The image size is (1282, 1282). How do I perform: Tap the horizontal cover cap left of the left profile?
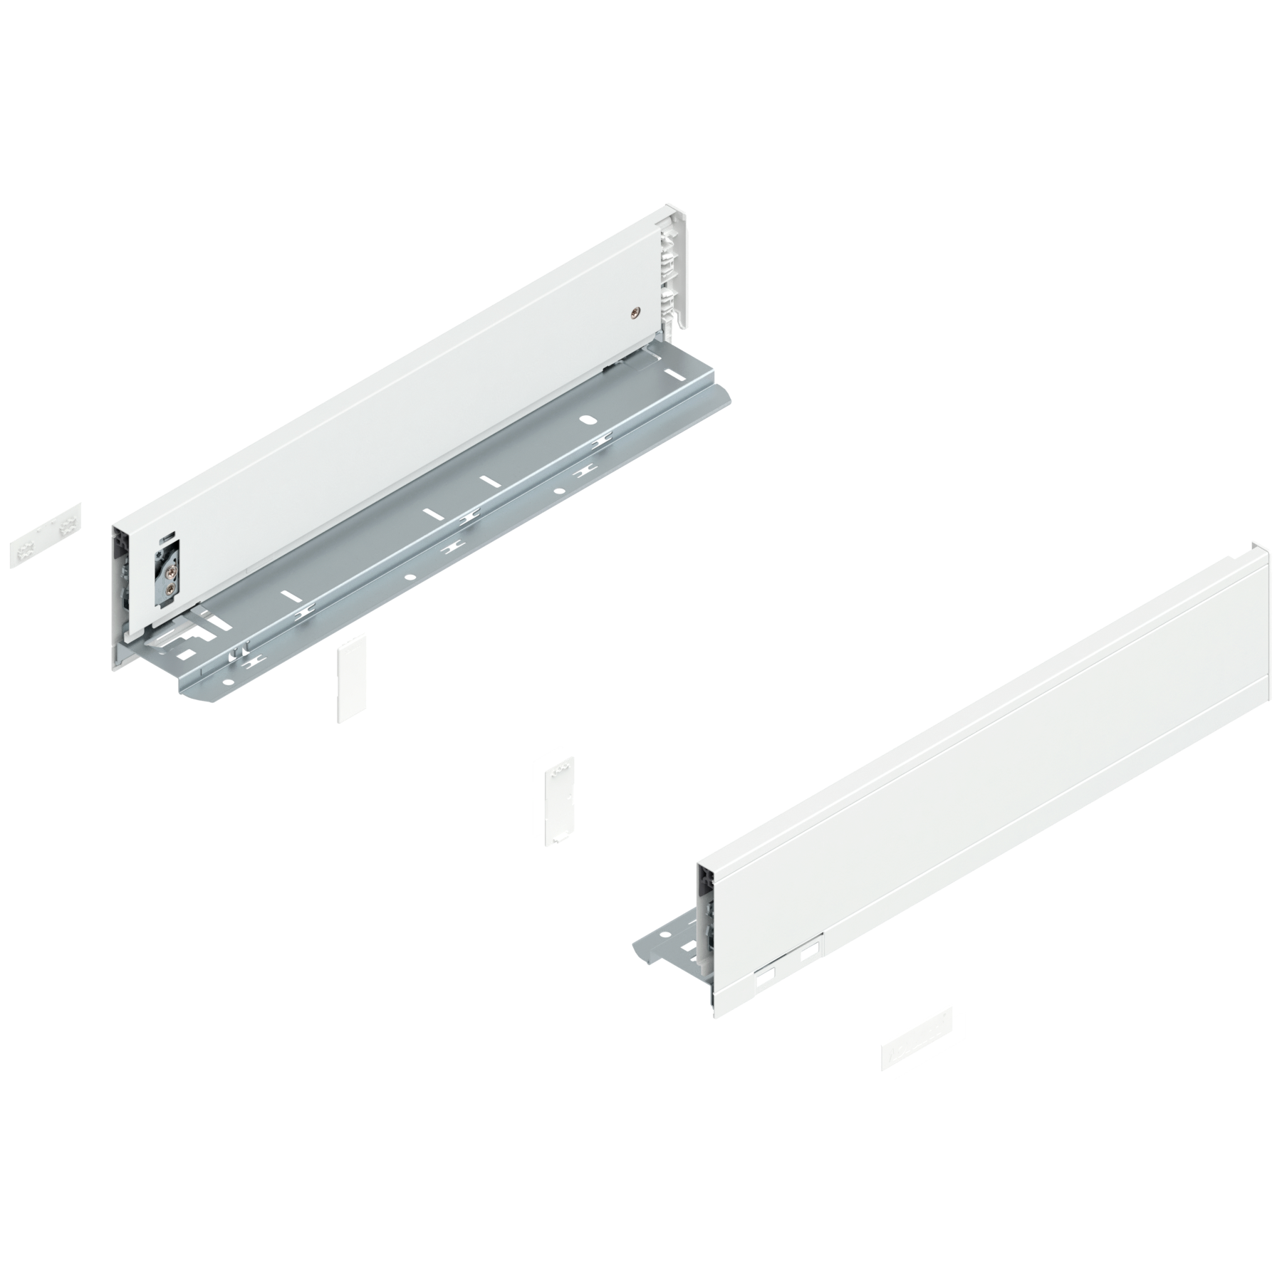point(46,535)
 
